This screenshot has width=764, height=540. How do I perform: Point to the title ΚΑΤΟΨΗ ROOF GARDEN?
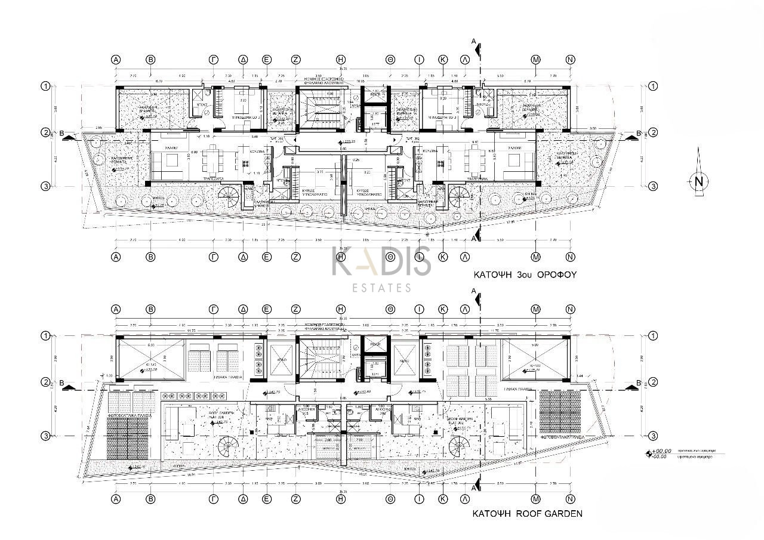(527, 513)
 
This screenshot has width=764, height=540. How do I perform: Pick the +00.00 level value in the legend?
(661, 451)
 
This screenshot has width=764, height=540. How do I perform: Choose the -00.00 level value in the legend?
(661, 457)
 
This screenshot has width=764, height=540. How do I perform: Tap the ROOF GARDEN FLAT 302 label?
(461, 421)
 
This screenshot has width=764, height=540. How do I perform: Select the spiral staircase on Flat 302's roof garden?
(460, 445)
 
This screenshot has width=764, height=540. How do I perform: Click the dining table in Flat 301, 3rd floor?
(211, 159)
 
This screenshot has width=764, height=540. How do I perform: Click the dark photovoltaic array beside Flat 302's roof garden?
(560, 414)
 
